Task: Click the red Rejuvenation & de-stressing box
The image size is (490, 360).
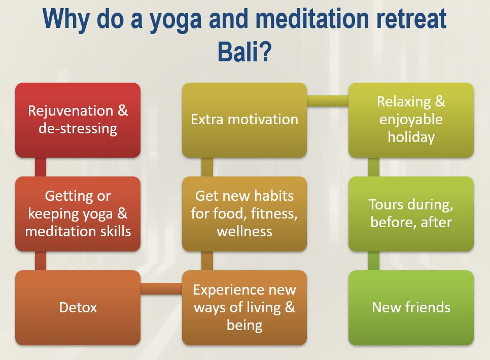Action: (x=78, y=120)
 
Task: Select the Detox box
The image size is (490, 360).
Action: (x=78, y=307)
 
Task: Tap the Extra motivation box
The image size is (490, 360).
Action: (x=244, y=120)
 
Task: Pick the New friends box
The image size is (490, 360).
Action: (x=411, y=307)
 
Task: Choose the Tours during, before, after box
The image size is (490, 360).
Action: (x=411, y=214)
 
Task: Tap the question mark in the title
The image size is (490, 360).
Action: (x=265, y=51)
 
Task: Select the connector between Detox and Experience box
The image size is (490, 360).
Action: (x=161, y=289)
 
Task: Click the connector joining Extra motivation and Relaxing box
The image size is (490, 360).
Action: (x=328, y=101)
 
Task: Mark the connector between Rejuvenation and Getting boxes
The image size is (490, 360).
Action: (x=40, y=167)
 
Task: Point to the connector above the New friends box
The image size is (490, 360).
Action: (x=374, y=261)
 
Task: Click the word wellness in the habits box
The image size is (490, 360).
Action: (x=244, y=232)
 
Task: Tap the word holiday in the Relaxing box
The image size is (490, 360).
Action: (x=411, y=137)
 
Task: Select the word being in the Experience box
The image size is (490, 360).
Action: (x=244, y=326)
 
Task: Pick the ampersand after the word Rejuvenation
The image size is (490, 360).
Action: (x=123, y=111)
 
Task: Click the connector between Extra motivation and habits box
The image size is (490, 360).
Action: (x=207, y=167)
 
